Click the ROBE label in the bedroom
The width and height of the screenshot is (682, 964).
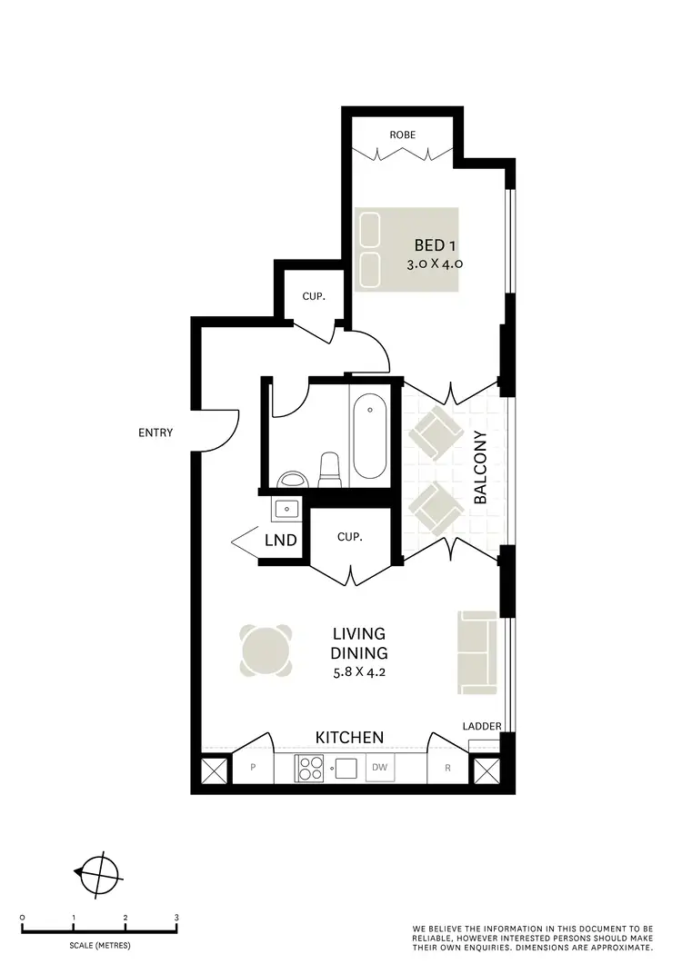coord(402,134)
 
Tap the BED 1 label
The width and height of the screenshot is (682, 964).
coord(434,245)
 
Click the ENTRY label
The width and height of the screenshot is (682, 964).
coord(155,433)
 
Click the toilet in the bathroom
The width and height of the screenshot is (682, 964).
coord(329,469)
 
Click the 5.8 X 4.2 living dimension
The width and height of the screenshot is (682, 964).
coord(360,672)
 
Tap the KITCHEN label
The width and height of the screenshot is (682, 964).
coord(349,737)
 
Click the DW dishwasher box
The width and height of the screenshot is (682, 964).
coord(379,769)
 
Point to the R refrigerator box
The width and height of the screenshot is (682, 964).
coord(448,769)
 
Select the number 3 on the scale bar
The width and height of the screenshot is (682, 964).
coord(176,918)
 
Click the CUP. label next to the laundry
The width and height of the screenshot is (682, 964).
coord(350,537)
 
